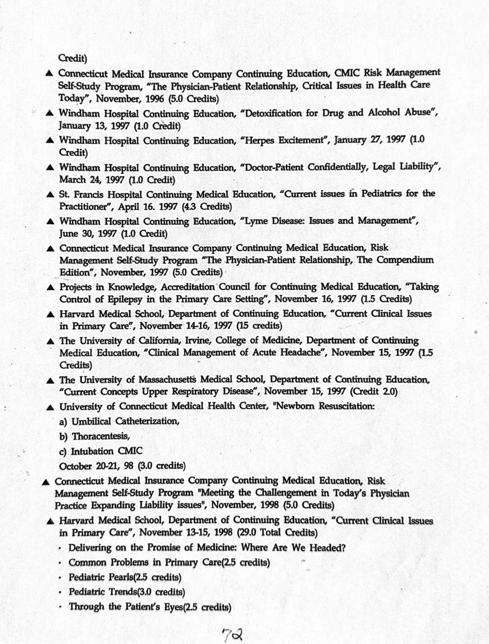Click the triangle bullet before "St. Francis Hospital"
tap(49, 193)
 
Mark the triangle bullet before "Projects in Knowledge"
tap(49, 287)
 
